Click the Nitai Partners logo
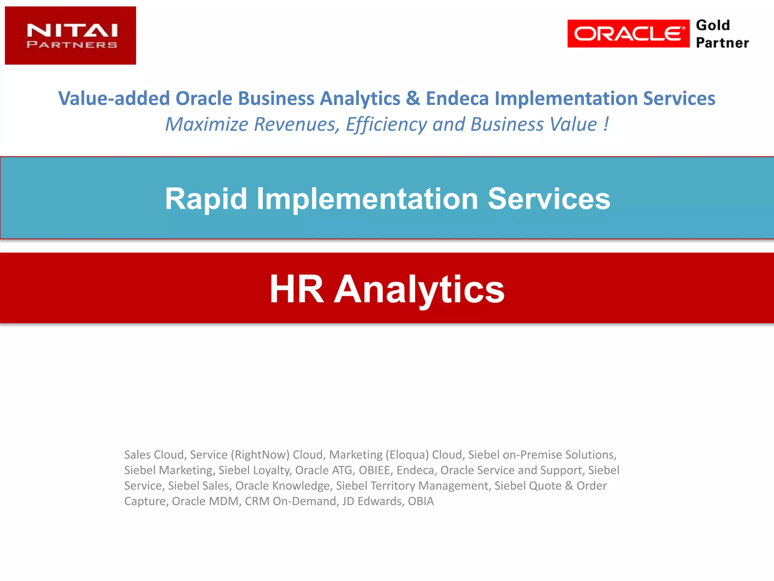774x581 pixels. coord(70,36)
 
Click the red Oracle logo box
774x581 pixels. coord(628,34)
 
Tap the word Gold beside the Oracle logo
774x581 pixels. coord(713,25)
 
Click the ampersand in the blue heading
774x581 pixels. coord(413,98)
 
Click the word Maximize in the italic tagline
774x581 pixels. coord(207,124)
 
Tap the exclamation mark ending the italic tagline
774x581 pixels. coord(606,124)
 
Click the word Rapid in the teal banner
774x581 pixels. coord(206,199)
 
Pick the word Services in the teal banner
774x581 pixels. coord(549,199)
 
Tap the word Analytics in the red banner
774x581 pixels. coord(419,289)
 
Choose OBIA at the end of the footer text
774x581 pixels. coord(421,501)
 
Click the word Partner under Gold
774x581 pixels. coord(722,43)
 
